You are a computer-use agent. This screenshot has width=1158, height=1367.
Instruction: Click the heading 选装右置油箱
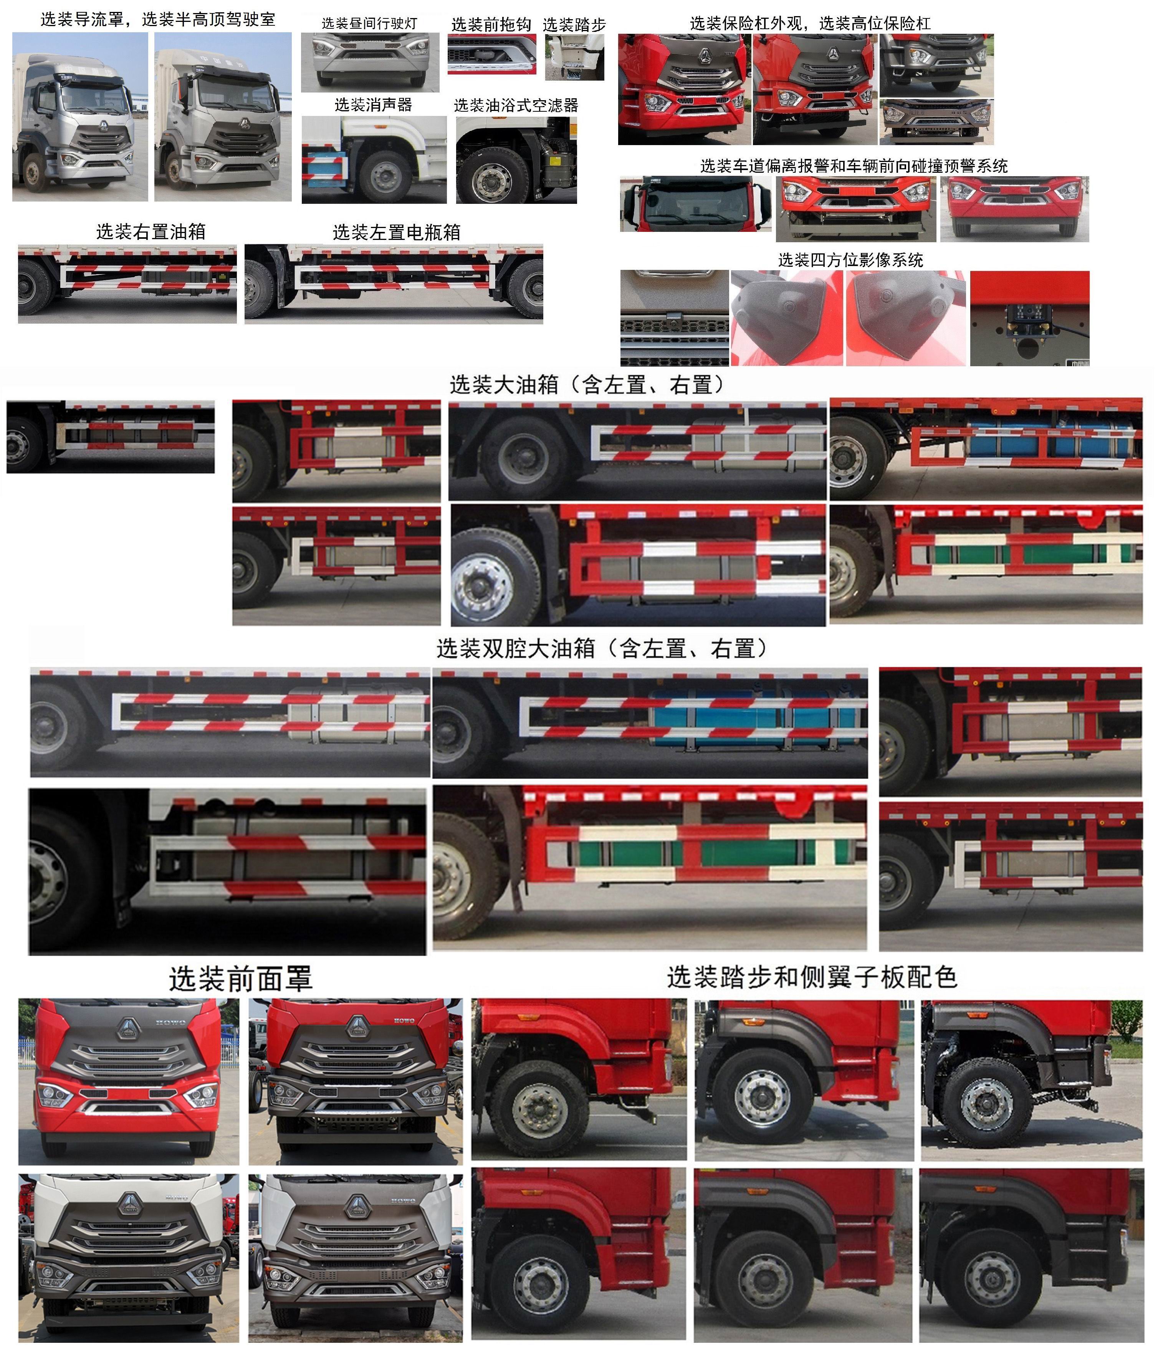(x=151, y=231)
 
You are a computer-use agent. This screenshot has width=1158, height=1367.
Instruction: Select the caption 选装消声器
(x=373, y=105)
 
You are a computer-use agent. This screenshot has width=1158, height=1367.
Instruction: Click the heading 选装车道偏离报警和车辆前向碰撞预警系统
(x=854, y=166)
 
